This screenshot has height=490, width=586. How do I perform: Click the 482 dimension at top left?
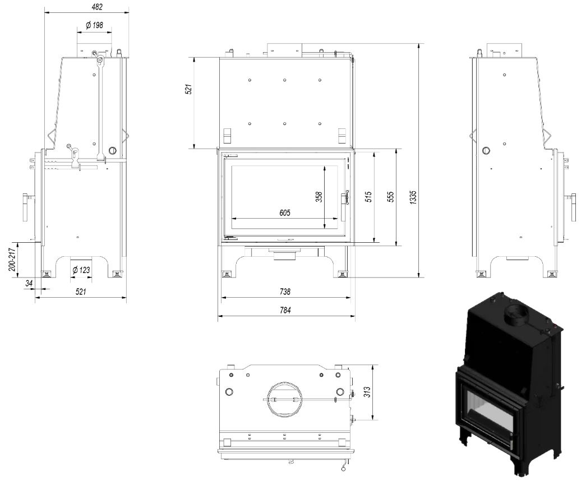(86, 6)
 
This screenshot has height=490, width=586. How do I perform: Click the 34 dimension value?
(29, 284)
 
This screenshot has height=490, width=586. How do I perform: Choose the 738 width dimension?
(285, 292)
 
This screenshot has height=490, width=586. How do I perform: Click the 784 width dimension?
(285, 309)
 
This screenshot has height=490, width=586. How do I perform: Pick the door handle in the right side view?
(573, 207)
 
